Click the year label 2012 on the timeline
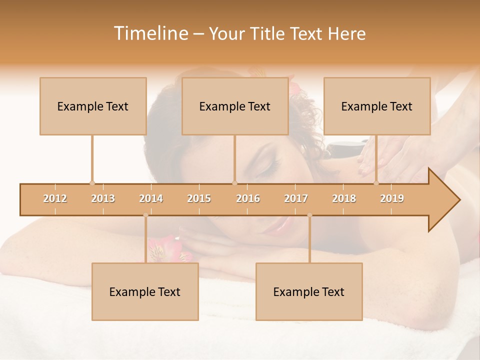pyautogui.click(x=55, y=198)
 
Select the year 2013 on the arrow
pyautogui.click(x=103, y=198)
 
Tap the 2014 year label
pyautogui.click(x=151, y=198)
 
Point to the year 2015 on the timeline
pyautogui.click(x=199, y=198)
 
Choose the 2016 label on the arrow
pyautogui.click(x=248, y=198)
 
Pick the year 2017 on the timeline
pyautogui.click(x=296, y=198)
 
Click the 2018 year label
pyautogui.click(x=344, y=198)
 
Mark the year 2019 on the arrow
pyautogui.click(x=392, y=198)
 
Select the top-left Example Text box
pyautogui.click(x=93, y=106)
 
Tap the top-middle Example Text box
pyautogui.click(x=235, y=106)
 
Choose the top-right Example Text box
pyautogui.click(x=377, y=106)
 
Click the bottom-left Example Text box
pyautogui.click(x=145, y=291)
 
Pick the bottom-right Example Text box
pyautogui.click(x=309, y=291)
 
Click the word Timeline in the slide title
pyautogui.click(x=150, y=33)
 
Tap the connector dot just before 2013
pyautogui.click(x=92, y=183)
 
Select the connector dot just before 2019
pyautogui.click(x=376, y=183)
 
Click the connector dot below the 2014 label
pyautogui.click(x=145, y=215)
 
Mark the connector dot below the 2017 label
pyautogui.click(x=309, y=215)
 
